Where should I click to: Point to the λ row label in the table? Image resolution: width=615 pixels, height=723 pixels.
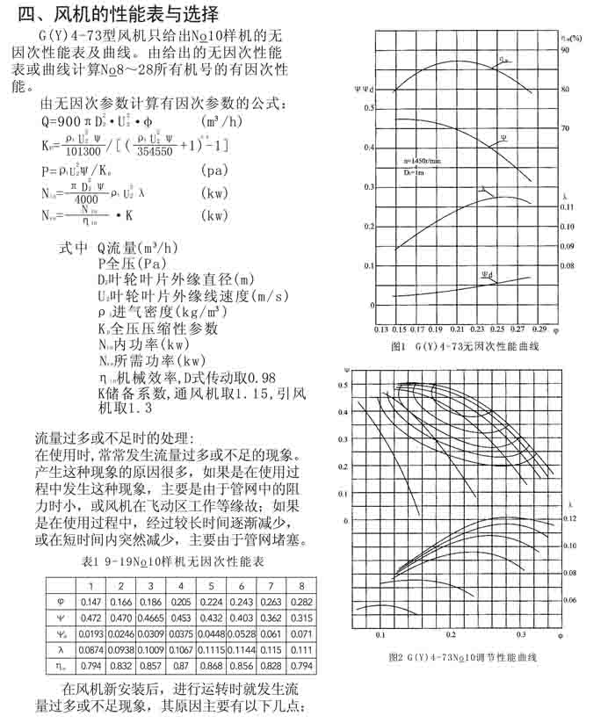pos(61,649)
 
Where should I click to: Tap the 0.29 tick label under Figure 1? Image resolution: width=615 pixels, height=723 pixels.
pos(539,329)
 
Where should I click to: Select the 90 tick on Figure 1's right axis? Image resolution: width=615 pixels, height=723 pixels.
pos(567,51)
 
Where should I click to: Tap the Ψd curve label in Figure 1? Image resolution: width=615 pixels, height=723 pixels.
pos(487,276)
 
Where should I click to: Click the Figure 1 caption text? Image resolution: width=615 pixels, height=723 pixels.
pos(464,346)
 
